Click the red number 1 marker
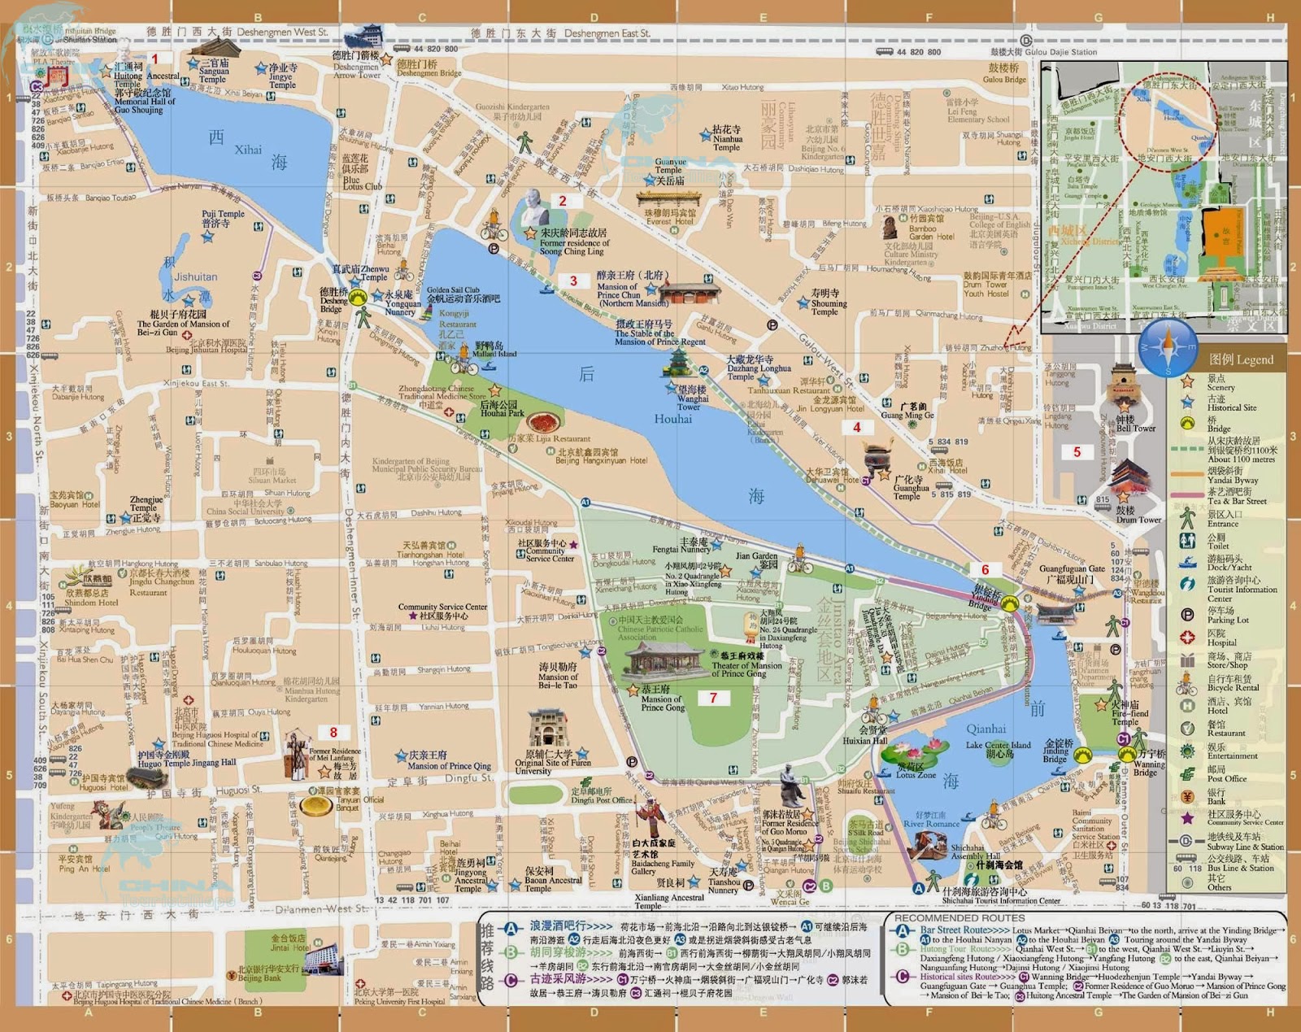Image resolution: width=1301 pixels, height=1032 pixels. tap(155, 59)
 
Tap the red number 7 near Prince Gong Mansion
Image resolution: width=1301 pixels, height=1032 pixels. tap(713, 698)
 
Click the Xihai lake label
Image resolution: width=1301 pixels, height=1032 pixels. tap(248, 150)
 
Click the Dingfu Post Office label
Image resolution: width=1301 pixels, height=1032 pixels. tap(601, 799)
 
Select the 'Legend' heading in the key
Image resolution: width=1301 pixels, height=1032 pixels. tap(1241, 359)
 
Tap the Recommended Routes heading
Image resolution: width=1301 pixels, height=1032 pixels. tap(959, 917)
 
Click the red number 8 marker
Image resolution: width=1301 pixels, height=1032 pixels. tap(333, 732)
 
